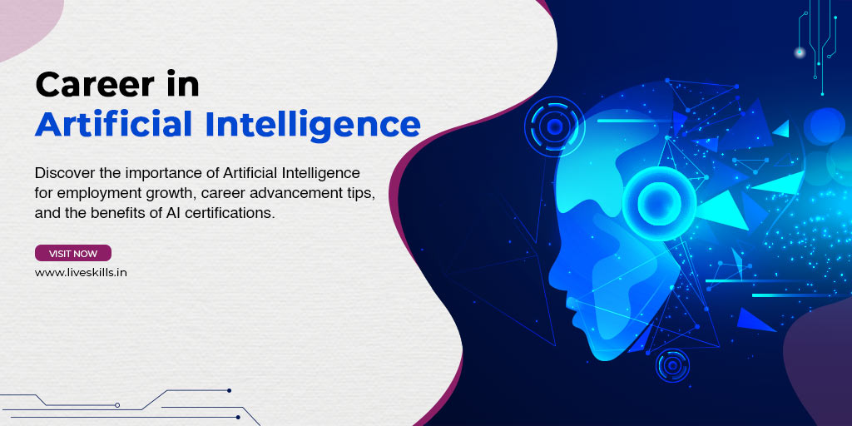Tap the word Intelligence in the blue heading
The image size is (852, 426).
(312, 125)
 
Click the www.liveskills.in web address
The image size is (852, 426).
(81, 272)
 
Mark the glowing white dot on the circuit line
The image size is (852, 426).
(800, 52)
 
